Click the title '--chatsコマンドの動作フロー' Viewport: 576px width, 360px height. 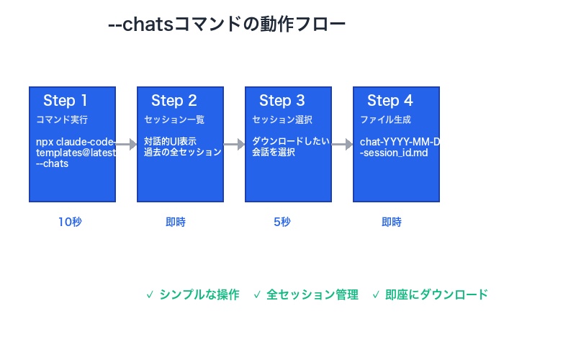click(x=227, y=24)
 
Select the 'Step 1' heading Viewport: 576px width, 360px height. click(x=66, y=100)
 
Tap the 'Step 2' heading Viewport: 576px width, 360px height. click(x=174, y=100)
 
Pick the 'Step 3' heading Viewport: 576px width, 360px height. click(x=282, y=100)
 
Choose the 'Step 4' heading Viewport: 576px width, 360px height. click(x=390, y=100)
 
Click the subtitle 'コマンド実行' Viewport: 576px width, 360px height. click(x=62, y=120)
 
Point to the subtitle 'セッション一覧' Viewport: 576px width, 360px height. click(x=174, y=120)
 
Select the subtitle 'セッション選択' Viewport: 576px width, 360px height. click(x=282, y=120)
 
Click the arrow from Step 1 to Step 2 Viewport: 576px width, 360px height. click(x=126, y=145)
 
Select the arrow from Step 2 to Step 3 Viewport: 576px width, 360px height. click(x=234, y=145)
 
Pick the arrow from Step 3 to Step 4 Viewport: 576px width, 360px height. click(x=342, y=145)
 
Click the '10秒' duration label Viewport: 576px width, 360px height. click(x=70, y=222)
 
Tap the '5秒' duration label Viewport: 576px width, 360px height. click(x=282, y=222)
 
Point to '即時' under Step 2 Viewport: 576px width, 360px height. click(x=175, y=222)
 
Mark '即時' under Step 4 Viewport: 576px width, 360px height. click(x=391, y=222)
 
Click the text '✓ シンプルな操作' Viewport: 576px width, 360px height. click(x=192, y=294)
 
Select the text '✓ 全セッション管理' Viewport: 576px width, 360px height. click(x=305, y=294)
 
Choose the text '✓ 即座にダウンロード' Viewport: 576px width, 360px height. click(x=430, y=294)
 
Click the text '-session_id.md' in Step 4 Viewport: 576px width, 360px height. click(x=395, y=153)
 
